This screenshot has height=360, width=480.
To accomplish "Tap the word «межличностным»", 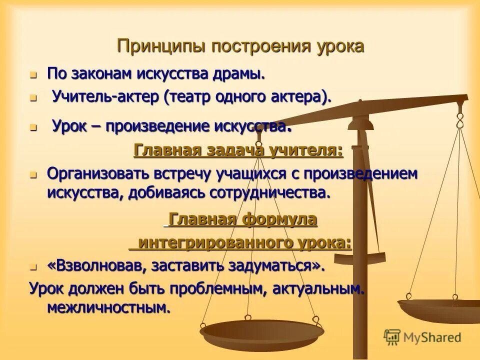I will [x=109, y=307].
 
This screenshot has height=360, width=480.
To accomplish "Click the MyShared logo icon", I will [x=392, y=337].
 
